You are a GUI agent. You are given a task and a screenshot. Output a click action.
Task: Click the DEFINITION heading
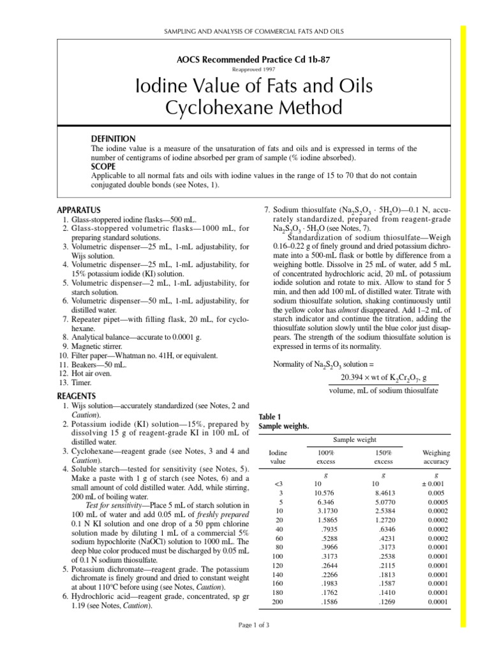point(114,139)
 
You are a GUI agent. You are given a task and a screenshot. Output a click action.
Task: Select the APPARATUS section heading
point(79,209)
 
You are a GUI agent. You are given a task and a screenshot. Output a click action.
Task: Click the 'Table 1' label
point(269,417)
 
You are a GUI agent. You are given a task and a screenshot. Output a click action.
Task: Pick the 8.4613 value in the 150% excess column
point(383,493)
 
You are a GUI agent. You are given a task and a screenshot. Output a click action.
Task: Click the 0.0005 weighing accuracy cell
point(436,502)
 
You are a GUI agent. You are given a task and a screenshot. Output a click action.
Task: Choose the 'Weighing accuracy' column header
point(436,457)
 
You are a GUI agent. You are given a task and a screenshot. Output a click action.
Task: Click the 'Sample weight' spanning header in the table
point(354,440)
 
